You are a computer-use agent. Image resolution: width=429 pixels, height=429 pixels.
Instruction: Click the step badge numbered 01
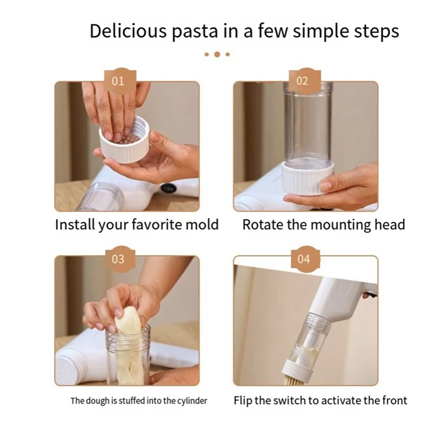117,81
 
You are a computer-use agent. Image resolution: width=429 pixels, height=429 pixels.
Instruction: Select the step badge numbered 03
117,259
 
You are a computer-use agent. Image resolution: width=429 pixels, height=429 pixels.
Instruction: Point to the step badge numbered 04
304,259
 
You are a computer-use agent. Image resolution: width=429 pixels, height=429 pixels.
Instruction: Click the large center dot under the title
217,54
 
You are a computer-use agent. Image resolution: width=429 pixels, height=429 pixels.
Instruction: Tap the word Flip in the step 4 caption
245,401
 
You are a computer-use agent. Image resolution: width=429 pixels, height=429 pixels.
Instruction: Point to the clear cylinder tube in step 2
308,123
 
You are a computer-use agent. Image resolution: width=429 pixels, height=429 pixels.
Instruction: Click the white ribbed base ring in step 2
308,180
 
